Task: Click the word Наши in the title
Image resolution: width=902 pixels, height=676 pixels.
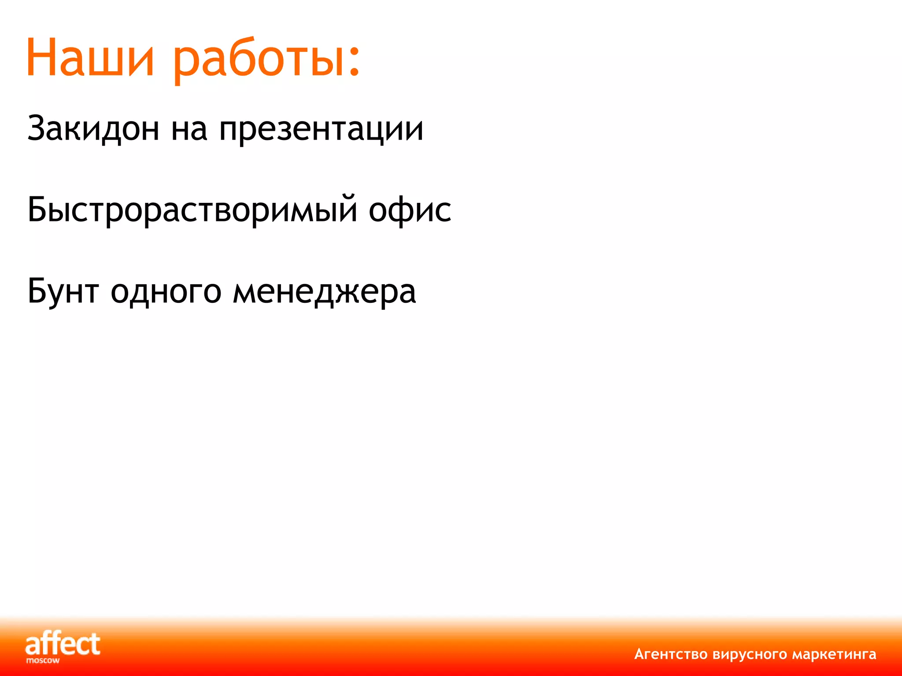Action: (x=90, y=59)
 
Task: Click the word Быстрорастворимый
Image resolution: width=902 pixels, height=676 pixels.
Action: (x=192, y=210)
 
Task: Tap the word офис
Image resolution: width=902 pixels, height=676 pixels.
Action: (x=410, y=210)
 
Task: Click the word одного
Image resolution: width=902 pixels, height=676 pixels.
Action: (x=166, y=293)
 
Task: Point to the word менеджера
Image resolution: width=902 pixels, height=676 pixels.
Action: (x=324, y=293)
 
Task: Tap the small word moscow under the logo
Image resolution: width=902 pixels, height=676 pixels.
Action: (x=43, y=661)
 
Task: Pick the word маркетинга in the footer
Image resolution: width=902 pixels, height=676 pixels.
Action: (x=834, y=654)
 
